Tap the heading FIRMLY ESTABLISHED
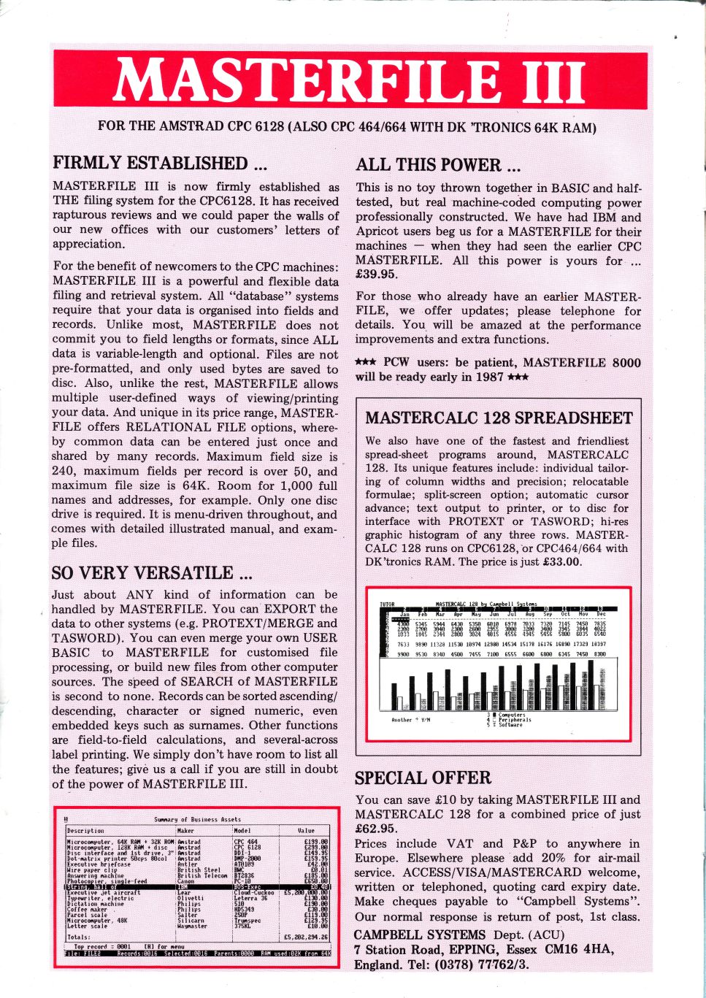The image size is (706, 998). point(150,163)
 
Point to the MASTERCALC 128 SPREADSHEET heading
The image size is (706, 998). point(499,418)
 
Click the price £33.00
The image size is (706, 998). point(563,561)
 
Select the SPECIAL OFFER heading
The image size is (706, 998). point(423,778)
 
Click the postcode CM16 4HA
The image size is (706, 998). point(580,949)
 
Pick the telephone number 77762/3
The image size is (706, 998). point(503,964)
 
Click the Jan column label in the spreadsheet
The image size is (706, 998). point(403,615)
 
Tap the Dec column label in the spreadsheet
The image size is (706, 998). point(600,615)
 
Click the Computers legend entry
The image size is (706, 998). point(512,715)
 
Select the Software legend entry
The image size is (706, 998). point(510,725)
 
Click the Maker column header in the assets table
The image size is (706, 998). point(186,830)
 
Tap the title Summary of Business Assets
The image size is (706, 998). point(197,819)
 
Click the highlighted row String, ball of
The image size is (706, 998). point(88,887)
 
